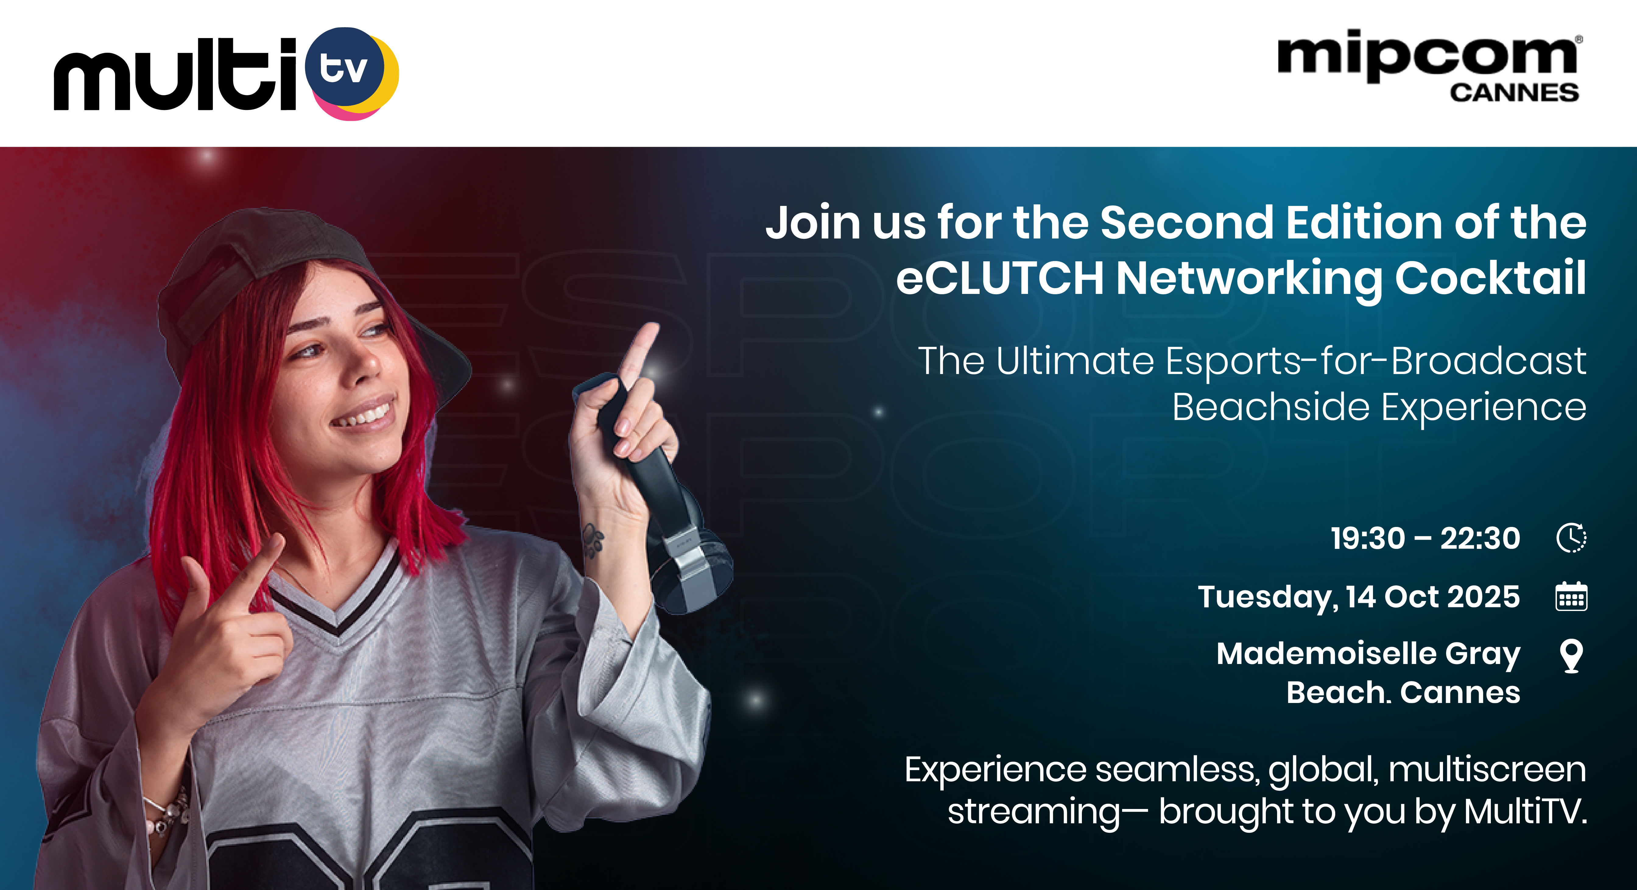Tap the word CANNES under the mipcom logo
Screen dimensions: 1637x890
1514,93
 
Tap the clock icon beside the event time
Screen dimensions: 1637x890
1571,538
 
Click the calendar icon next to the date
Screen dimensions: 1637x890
1571,596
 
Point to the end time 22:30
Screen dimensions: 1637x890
1480,539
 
